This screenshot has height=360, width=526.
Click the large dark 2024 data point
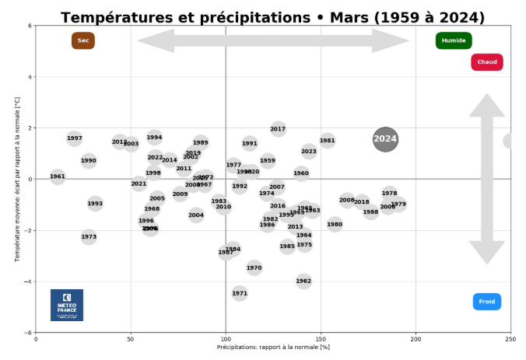point(385,139)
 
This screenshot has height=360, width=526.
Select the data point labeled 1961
point(58,177)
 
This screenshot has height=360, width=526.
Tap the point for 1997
point(75,138)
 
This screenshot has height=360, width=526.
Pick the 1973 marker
point(89,236)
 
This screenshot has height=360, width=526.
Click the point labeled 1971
point(240,293)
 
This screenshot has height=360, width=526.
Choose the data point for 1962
point(303,281)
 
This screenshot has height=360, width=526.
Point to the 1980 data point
point(335,224)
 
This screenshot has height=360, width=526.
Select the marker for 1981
point(327,141)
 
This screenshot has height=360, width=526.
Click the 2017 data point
point(278,129)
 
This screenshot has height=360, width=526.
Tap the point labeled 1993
point(95,204)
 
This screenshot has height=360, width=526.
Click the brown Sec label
point(83,40)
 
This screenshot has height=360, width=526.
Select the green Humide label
point(454,40)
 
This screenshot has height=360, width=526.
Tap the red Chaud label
point(487,62)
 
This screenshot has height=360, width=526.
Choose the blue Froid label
point(487,302)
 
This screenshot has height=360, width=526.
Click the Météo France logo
point(67,305)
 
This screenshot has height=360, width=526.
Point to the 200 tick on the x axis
point(416,339)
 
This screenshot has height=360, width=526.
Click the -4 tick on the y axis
point(28,281)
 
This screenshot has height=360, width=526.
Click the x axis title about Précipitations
point(273,348)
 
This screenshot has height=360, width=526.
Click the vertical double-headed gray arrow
point(487,179)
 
